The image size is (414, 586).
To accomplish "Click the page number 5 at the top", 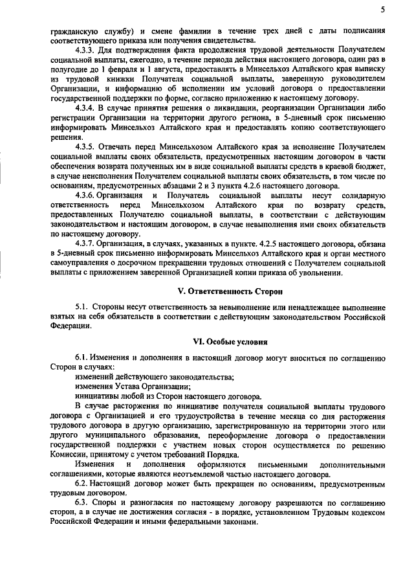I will click(382, 9).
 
